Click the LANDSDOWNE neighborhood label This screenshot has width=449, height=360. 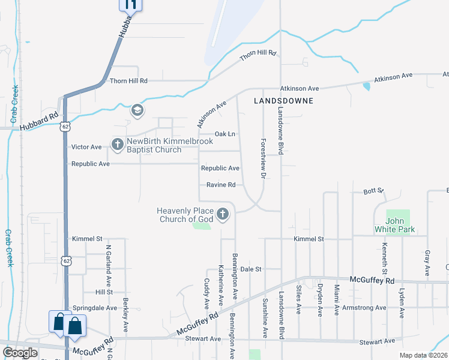(x=283, y=101)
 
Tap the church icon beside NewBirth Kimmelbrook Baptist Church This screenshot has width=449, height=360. (x=116, y=144)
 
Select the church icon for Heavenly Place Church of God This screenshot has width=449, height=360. (x=223, y=214)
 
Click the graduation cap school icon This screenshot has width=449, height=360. (x=137, y=111)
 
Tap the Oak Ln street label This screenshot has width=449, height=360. (x=224, y=134)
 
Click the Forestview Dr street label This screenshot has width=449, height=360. (x=262, y=159)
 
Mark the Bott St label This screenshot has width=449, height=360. (x=373, y=191)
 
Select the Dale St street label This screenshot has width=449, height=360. (x=251, y=269)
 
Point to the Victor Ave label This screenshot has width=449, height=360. (x=86, y=147)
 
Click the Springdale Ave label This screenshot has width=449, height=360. (x=95, y=308)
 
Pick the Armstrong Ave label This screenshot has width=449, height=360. (x=364, y=308)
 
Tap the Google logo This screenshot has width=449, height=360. (x=20, y=353)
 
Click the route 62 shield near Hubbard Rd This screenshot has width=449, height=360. (x=65, y=127)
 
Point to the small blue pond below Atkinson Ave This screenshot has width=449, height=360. (x=366, y=86)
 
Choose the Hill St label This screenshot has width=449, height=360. (x=103, y=292)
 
